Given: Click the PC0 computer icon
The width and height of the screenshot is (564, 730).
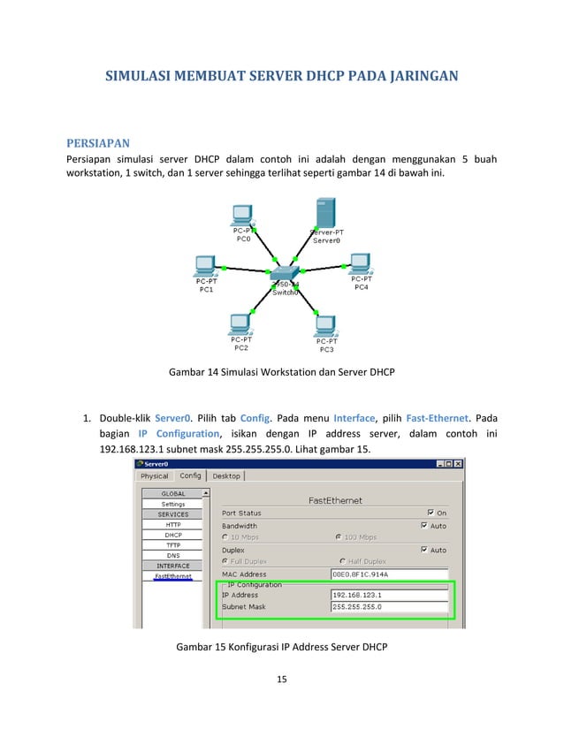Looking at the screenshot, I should (x=240, y=215).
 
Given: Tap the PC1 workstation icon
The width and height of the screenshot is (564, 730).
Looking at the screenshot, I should (x=205, y=265).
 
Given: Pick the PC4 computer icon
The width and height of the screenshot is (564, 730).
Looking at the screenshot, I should (x=360, y=263).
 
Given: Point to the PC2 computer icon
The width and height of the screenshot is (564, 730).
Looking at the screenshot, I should (x=239, y=323).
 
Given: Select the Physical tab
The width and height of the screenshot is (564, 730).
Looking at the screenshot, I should (x=155, y=475).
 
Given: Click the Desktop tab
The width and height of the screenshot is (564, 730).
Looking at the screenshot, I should (x=226, y=475).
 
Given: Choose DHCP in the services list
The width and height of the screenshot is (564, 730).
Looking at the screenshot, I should (x=173, y=535).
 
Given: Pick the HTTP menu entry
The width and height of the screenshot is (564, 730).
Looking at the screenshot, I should (x=173, y=524).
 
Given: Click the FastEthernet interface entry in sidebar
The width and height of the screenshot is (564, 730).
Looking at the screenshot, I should (x=173, y=576).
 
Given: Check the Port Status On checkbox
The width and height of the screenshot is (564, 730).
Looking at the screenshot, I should (x=430, y=513).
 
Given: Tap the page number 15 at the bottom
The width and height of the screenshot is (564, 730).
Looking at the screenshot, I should (x=282, y=680).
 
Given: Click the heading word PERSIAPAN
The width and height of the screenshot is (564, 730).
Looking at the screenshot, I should (x=98, y=142).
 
